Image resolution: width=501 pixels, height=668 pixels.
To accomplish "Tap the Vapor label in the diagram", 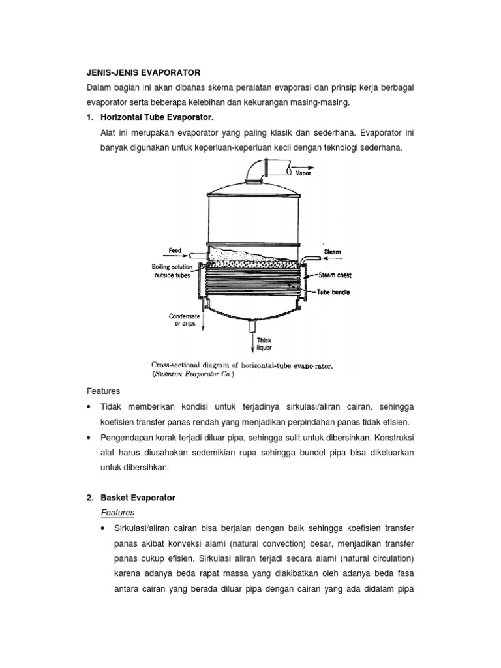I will click(x=303, y=173).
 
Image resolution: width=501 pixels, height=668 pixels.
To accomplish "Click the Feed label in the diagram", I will click(x=175, y=250).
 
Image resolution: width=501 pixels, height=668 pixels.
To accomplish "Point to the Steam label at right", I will click(x=332, y=251).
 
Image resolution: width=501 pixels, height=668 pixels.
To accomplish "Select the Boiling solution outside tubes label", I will click(x=172, y=271).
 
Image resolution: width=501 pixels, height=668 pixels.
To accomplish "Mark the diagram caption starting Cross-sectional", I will click(x=242, y=365).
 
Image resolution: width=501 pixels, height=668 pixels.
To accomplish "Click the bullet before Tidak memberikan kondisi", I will click(x=89, y=407).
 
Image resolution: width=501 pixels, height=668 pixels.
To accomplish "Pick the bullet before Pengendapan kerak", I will click(x=89, y=437).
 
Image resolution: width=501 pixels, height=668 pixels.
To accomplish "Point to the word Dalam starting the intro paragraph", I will click(x=100, y=87).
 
